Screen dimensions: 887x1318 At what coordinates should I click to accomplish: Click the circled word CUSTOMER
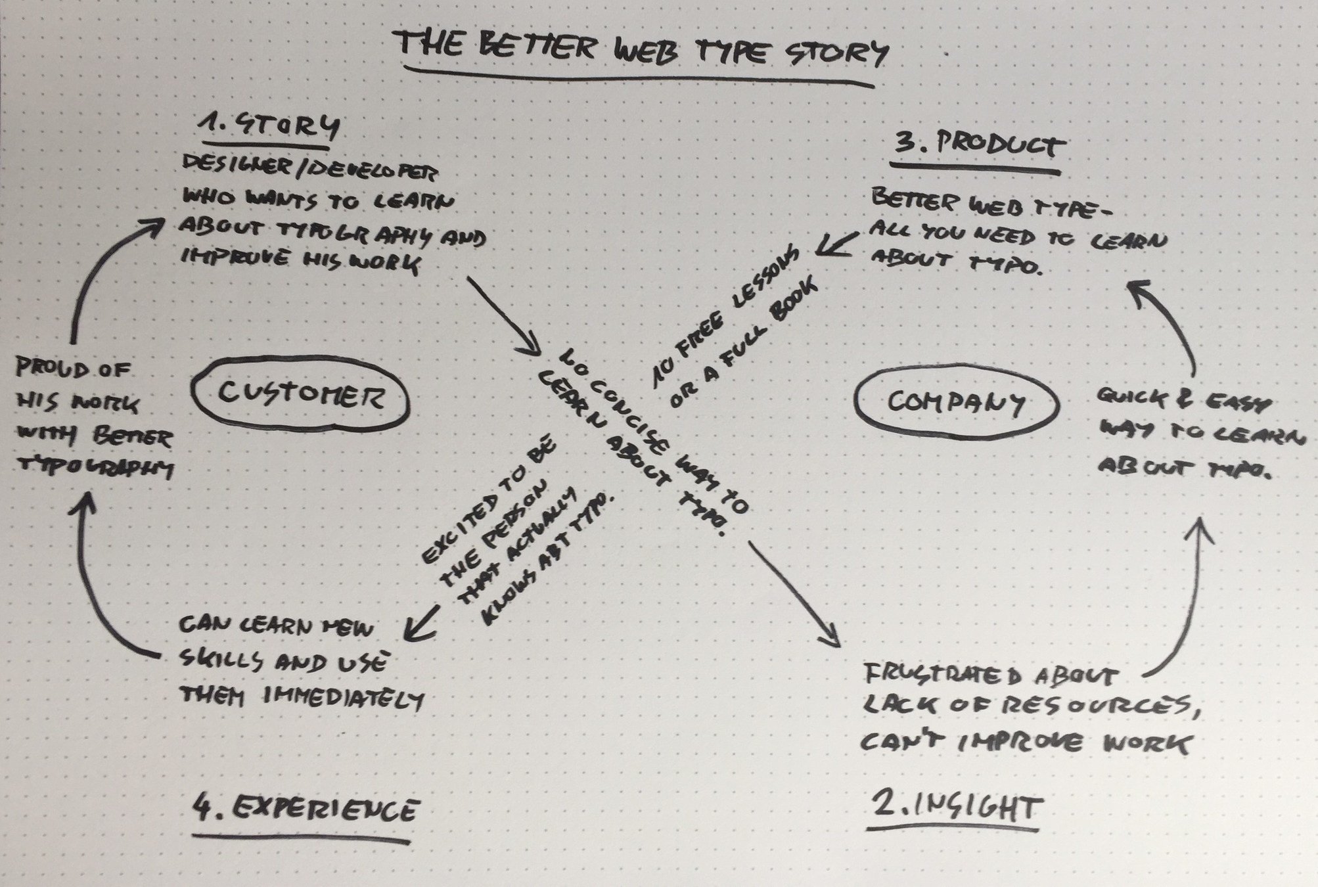coord(300,396)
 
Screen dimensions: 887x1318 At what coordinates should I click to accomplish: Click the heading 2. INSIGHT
coord(956,807)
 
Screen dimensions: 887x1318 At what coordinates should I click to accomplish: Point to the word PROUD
coord(53,369)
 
